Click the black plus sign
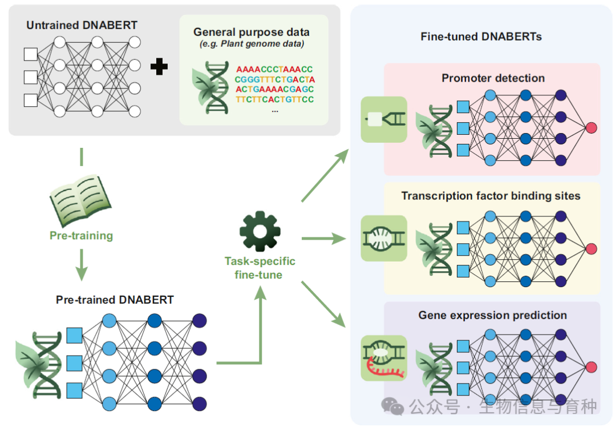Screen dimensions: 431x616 tap(159, 67)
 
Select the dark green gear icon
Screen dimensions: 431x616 tap(260, 232)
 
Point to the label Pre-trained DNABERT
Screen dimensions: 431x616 tap(115, 300)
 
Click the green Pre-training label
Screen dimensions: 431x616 tap(81, 235)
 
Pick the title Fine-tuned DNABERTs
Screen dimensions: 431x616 tap(481, 37)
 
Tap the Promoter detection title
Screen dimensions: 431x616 tap(493, 78)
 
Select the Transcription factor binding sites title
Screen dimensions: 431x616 tap(491, 196)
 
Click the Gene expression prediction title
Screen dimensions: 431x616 tap(492, 315)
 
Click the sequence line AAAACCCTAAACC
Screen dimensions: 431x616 tap(274, 69)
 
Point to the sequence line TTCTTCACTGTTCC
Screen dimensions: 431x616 tap(274, 99)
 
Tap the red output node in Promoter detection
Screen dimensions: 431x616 tap(591, 127)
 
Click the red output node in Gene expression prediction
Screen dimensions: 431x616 tap(591, 366)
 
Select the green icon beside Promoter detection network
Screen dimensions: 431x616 tap(384, 119)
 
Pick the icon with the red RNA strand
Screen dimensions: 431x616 tap(384, 358)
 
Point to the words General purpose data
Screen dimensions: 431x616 tap(252, 32)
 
